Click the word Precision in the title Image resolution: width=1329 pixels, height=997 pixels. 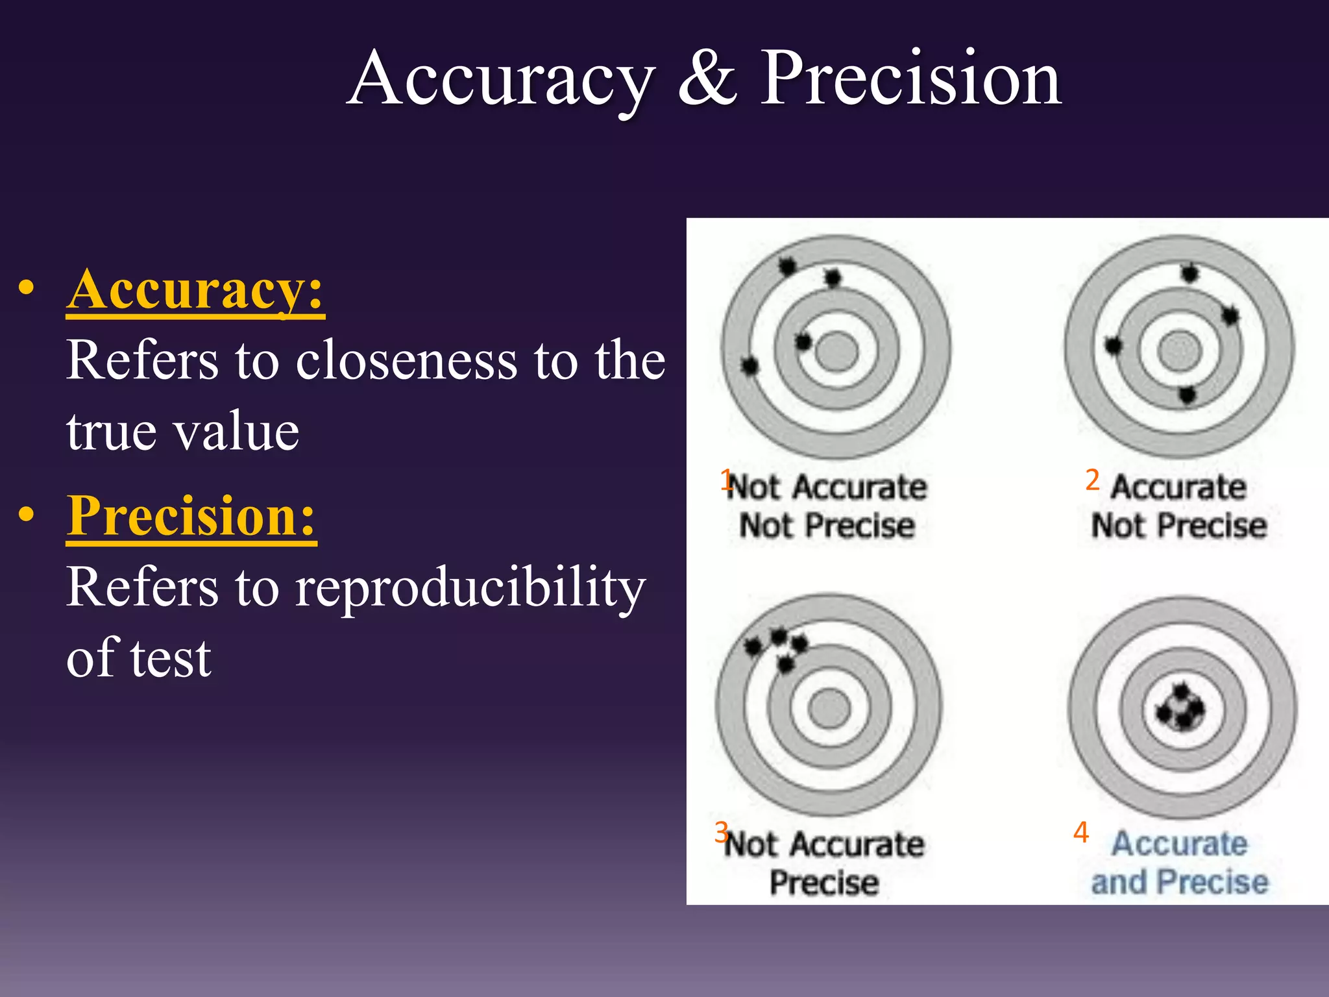click(910, 79)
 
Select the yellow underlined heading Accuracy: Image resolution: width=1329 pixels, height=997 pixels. click(195, 290)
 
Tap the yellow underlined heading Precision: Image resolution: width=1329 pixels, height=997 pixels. click(191, 516)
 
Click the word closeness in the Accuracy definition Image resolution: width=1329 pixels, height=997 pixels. click(407, 360)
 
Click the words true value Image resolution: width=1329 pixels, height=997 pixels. click(183, 431)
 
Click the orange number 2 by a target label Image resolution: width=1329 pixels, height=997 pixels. click(1092, 480)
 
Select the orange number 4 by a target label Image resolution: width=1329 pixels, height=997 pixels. click(1080, 832)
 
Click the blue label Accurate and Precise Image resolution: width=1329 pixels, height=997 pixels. click(1179, 863)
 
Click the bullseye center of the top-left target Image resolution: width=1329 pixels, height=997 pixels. click(836, 351)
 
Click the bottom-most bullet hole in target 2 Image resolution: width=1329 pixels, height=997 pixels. click(1187, 394)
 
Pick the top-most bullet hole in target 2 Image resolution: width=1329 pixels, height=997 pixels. click(1189, 273)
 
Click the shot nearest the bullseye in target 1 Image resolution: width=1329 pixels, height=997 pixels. click(803, 341)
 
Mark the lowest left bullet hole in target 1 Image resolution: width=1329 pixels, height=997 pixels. click(750, 366)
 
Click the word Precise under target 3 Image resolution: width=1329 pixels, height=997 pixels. click(824, 883)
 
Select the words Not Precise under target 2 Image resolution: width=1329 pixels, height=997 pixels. click(1178, 525)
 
